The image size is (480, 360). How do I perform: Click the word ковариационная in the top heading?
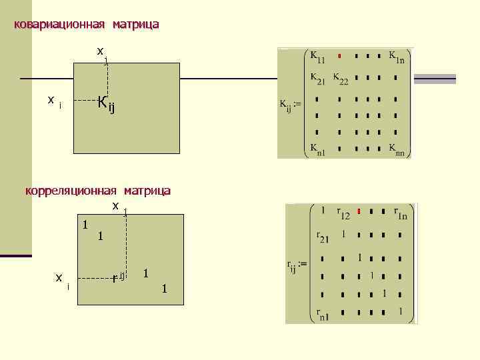(x=59, y=25)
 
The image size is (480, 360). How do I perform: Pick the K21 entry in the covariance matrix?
(x=317, y=79)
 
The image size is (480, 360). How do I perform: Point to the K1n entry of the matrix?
(x=396, y=57)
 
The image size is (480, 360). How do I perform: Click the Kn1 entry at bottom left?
(x=317, y=149)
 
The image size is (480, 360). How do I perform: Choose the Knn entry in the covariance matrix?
(x=396, y=149)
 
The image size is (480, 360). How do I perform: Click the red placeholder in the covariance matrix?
(x=340, y=55)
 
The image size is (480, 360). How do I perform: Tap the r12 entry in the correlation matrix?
(x=343, y=214)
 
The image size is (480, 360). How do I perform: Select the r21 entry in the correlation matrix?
(x=323, y=237)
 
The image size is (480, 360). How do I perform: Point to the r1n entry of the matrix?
(x=400, y=214)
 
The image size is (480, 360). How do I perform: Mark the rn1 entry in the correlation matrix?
(x=323, y=314)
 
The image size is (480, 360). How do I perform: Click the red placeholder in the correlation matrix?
(x=359, y=212)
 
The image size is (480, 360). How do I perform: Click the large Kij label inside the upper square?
(x=106, y=104)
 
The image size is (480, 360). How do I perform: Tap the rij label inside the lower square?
(x=119, y=276)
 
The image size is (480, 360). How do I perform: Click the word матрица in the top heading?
(x=135, y=25)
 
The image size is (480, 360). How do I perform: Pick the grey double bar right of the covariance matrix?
(x=435, y=79)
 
